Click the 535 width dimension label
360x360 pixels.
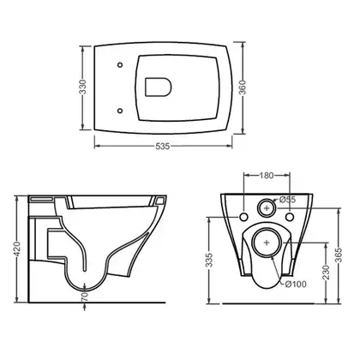[x=163, y=147]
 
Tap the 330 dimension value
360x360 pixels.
[x=82, y=87]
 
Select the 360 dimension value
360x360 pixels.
[x=243, y=87]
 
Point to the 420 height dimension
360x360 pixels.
[x=17, y=249]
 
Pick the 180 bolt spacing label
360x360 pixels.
[x=267, y=176]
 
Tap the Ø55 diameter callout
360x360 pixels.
[x=287, y=200]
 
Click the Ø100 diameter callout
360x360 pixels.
[x=296, y=284]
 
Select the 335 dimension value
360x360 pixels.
[x=209, y=260]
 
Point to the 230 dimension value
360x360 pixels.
[x=326, y=273]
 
